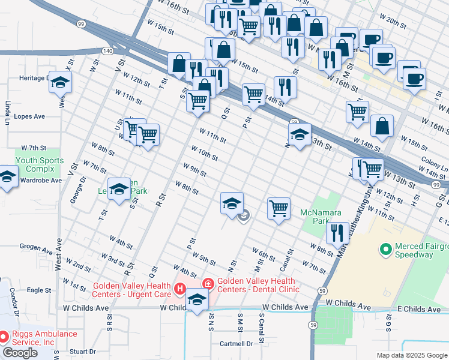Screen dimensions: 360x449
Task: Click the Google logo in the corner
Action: pyautogui.click(x=20, y=353)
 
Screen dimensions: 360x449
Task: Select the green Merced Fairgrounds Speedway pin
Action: pyautogui.click(x=385, y=247)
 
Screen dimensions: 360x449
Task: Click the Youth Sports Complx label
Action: pyautogui.click(x=40, y=165)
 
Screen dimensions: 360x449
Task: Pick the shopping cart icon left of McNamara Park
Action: pyautogui.click(x=279, y=209)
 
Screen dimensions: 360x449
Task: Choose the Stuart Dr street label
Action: pyautogui.click(x=82, y=352)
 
